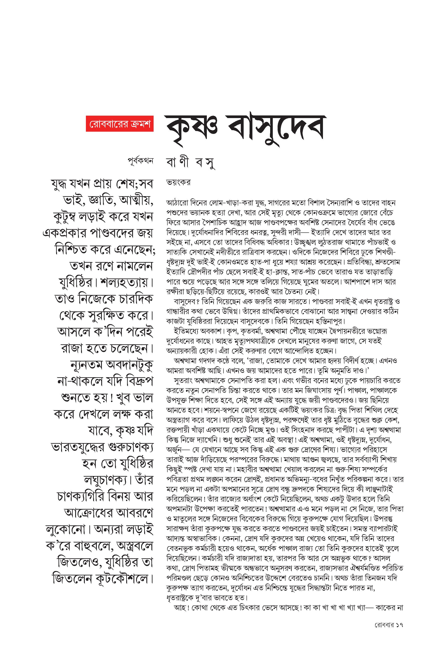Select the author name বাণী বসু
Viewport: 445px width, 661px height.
190,163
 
